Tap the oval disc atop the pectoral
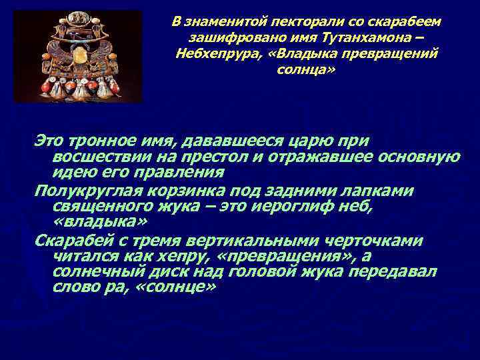(x=79, y=18)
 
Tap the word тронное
(x=108, y=141)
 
